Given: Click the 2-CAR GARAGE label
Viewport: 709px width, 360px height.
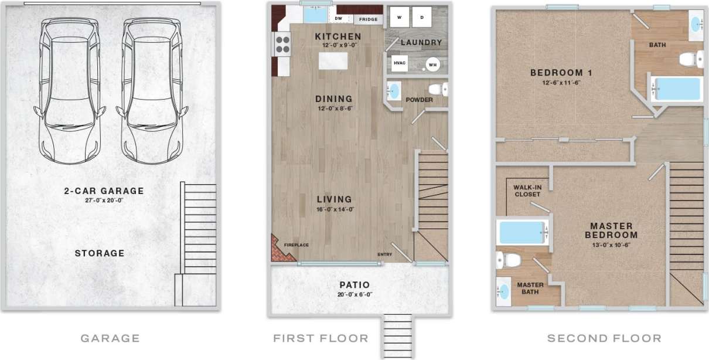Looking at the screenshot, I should tap(104, 191).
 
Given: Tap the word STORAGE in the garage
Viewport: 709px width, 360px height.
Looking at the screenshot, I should tap(100, 253).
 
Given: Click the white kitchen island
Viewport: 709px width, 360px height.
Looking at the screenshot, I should tap(332, 60).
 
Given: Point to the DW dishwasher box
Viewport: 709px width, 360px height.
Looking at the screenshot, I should tap(338, 18).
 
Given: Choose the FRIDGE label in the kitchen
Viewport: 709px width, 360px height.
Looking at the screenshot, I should tap(368, 19).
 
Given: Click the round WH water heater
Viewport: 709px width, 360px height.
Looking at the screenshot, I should tap(432, 64).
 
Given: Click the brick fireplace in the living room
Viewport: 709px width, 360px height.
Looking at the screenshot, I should tap(280, 249).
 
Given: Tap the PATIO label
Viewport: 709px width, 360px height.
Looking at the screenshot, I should tap(355, 285).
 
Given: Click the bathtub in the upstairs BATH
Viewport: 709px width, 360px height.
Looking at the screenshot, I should tap(677, 89).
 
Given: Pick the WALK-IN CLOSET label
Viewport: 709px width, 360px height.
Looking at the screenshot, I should tap(527, 191).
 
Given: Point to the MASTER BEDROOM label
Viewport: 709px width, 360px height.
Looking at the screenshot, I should tap(611, 230).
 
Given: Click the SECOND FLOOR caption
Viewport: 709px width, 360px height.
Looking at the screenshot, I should tap(604, 338).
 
